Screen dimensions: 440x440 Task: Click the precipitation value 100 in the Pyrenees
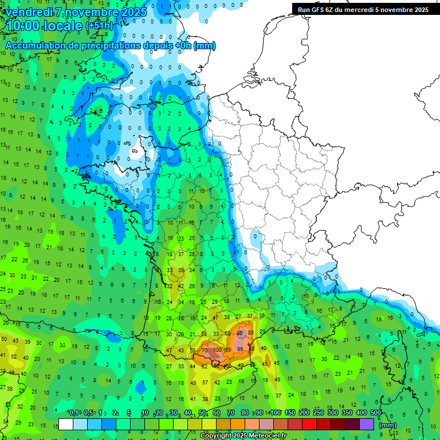[218, 349]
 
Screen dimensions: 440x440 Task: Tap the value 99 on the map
[240, 349]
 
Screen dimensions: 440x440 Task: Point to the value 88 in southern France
[240, 333]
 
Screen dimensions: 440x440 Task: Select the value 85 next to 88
[251, 333]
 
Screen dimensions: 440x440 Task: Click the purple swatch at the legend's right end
[367, 425]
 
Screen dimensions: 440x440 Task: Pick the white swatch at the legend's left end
[66, 425]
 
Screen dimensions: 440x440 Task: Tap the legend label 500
[375, 413]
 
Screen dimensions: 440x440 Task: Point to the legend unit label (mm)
[388, 425]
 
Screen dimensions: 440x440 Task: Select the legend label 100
[276, 413]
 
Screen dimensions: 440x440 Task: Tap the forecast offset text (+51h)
[99, 26]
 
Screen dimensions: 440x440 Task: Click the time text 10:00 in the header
[26, 26]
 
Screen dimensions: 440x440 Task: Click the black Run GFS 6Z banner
[363, 9]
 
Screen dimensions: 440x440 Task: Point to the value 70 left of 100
[205, 349]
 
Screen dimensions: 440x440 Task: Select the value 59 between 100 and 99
[227, 349]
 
